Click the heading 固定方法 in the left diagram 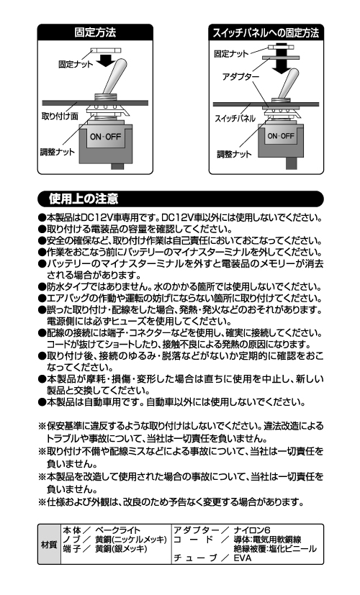tap(95, 32)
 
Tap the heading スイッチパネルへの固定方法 tap(266, 33)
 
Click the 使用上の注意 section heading tap(84, 199)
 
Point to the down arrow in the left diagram tap(106, 60)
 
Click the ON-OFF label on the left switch tap(105, 137)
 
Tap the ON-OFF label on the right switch tap(281, 136)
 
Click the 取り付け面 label tap(60, 116)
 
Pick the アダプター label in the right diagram tap(240, 77)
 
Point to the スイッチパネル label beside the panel tap(235, 119)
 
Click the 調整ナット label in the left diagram tap(58, 152)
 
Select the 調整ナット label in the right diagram tap(234, 154)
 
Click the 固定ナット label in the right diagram tap(231, 54)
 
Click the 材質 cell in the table tap(49, 545)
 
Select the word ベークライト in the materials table tap(118, 530)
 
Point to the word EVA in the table tap(243, 558)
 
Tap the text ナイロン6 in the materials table tap(252, 530)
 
